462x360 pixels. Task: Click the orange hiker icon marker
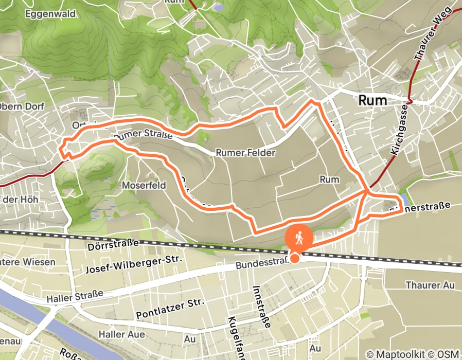tap(299, 238)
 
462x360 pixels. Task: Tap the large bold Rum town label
tap(372, 100)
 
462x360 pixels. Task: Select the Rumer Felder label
tap(245, 153)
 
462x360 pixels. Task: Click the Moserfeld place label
tap(144, 185)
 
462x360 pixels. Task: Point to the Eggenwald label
tap(50, 13)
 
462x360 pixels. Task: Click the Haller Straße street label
tap(75, 295)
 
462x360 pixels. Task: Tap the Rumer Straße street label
tap(142, 136)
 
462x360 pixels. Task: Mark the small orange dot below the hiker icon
tap(295, 258)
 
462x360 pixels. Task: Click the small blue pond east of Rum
tap(405, 199)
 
